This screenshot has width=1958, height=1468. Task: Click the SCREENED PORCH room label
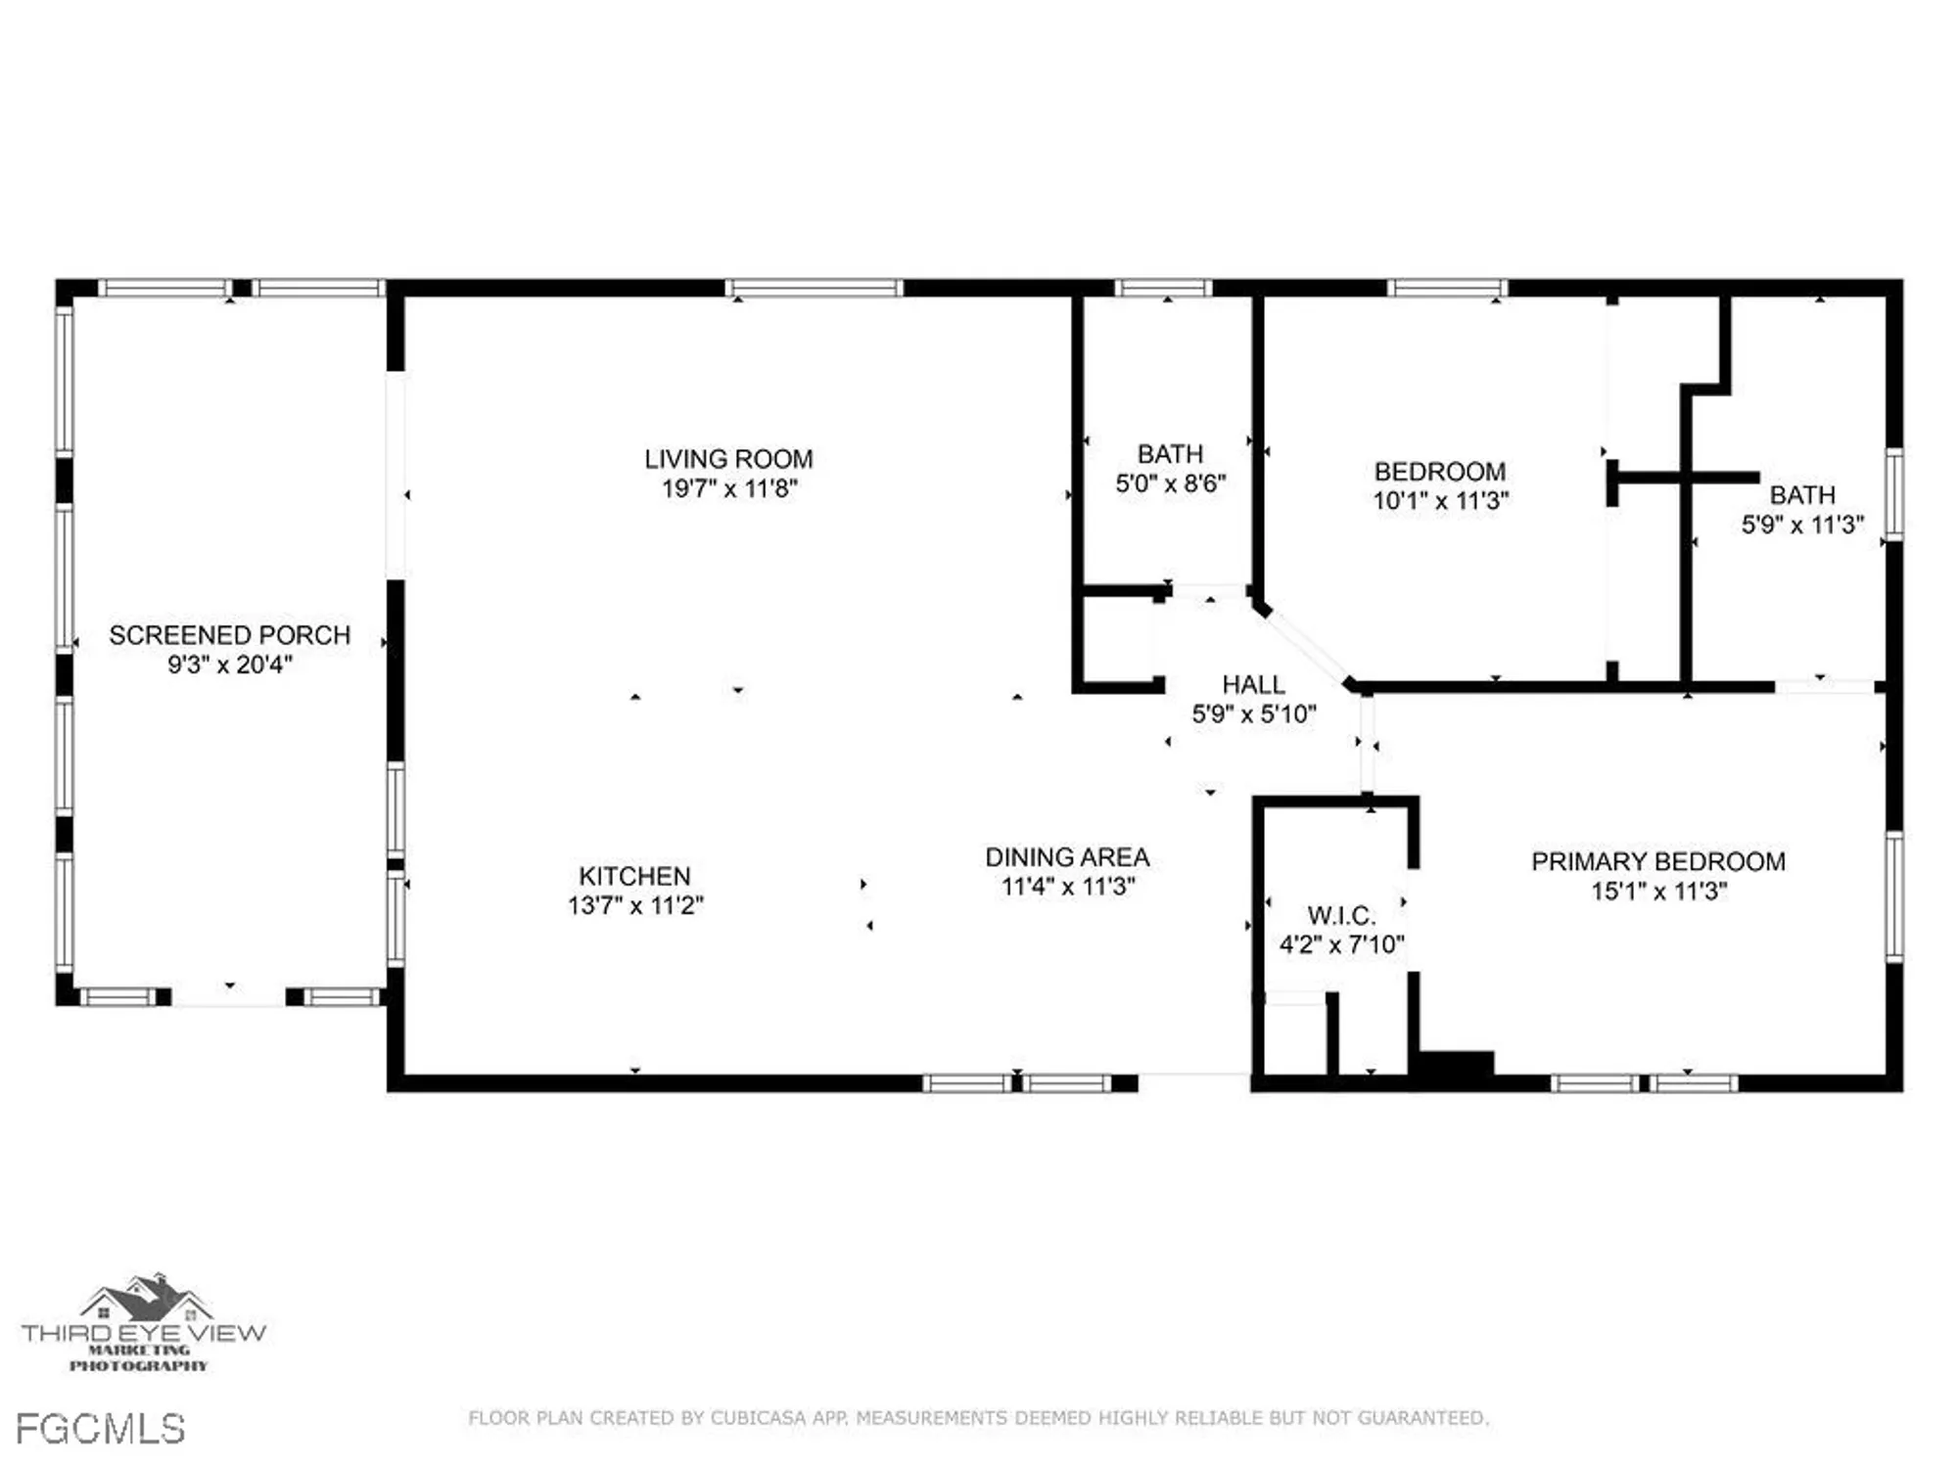[x=229, y=635]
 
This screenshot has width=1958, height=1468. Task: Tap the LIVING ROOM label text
[x=728, y=459]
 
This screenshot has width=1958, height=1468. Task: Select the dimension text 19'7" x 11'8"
[x=729, y=488]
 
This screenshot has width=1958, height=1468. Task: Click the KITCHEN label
[x=634, y=876]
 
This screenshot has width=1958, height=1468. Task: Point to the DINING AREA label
[x=1067, y=857]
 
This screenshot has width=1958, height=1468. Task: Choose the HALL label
[x=1253, y=685]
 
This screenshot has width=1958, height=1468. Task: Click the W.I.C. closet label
[x=1341, y=916]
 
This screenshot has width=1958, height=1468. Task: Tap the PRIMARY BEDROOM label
[x=1658, y=862]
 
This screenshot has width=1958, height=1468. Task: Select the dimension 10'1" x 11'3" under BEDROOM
[x=1440, y=501]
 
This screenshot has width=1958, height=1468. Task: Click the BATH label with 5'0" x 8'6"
[x=1170, y=454]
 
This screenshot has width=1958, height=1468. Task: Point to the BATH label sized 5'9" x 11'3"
[x=1801, y=495]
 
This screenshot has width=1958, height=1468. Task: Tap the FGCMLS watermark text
[x=101, y=1430]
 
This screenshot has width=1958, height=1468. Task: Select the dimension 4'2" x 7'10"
[x=1341, y=944]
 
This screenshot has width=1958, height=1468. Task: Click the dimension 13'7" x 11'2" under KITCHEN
[x=635, y=905]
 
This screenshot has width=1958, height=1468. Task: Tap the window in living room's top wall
[x=814, y=288]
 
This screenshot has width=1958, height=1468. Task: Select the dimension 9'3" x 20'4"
[x=229, y=665]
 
